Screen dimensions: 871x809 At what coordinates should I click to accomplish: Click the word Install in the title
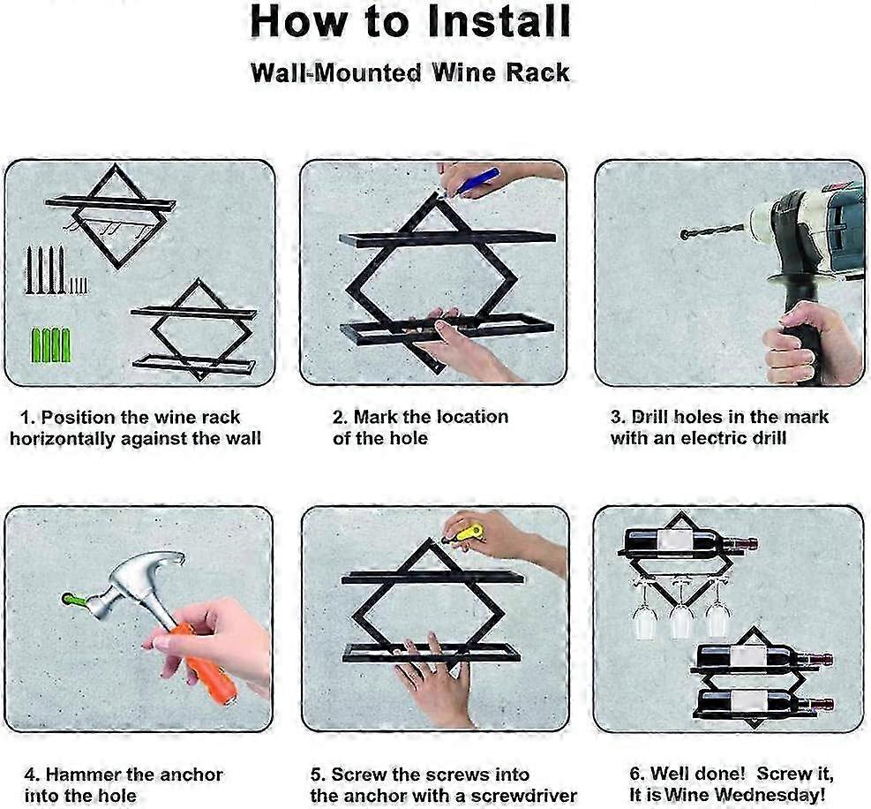click(x=499, y=22)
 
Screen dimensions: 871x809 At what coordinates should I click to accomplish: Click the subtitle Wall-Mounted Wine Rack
click(x=410, y=72)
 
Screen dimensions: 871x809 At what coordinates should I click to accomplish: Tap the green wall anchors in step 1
click(x=50, y=345)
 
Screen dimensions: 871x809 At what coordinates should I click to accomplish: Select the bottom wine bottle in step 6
click(x=764, y=701)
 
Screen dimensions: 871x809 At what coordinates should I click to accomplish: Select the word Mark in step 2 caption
click(x=376, y=417)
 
